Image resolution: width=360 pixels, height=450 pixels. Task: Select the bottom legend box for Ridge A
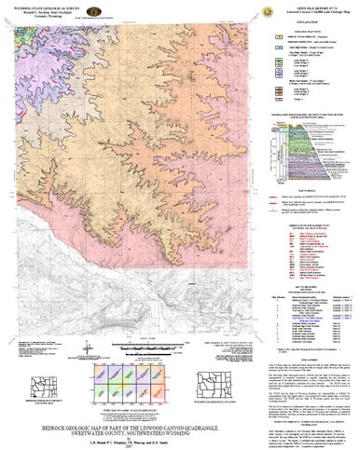pyautogui.click(x=279, y=98)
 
